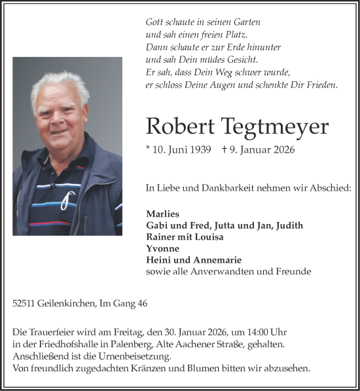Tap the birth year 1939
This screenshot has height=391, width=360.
(198, 150)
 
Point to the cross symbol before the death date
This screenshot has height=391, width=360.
(225, 150)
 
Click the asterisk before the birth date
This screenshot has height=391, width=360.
(149, 149)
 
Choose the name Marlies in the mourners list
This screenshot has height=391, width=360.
(162, 214)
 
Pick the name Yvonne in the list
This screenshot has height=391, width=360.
(162, 248)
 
